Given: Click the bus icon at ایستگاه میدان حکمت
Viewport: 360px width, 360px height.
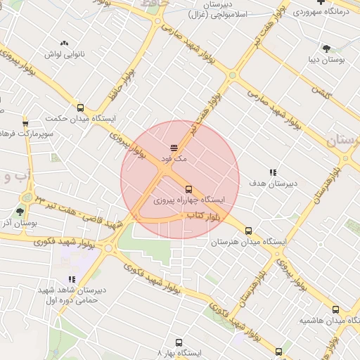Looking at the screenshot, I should [80, 108].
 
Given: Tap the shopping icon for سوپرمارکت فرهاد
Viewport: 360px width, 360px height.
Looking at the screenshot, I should [26, 123].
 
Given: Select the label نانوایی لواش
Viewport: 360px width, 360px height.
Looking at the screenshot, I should [65, 53].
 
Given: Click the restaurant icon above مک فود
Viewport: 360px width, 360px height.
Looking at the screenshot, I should [174, 147].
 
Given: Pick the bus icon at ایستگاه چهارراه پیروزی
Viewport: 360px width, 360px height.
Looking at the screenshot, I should [188, 189].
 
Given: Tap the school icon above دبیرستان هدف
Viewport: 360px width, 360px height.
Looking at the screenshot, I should [273, 172].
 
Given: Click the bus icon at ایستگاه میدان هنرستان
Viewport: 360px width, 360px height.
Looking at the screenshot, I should [248, 231].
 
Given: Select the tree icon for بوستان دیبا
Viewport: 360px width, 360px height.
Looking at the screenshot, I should [326, 48].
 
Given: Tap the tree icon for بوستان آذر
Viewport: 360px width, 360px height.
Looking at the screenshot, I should [20, 211].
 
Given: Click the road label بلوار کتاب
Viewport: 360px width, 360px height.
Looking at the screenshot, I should [200, 218].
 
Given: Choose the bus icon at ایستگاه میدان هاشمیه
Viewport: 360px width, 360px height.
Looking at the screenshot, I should [335, 309].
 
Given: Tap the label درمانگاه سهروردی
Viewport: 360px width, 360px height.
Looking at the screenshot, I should [323, 12].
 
